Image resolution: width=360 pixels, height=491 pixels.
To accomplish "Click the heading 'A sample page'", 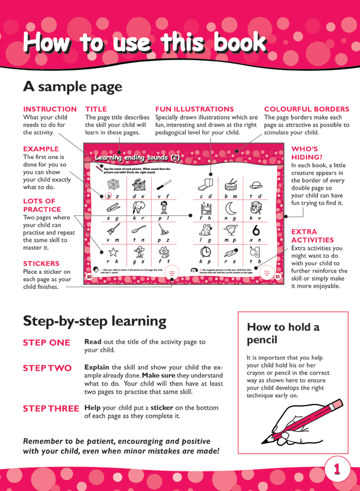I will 72,87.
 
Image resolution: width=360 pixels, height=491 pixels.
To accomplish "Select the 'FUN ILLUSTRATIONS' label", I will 195,109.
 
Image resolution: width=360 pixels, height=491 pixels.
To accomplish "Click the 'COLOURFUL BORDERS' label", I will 306,109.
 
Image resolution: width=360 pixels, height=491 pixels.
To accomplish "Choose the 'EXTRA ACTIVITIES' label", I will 313,236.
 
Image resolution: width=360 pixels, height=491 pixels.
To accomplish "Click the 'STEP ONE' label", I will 47,342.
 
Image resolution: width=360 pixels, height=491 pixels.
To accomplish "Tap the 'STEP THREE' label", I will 51,408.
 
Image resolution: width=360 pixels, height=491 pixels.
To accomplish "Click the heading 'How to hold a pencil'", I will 283,333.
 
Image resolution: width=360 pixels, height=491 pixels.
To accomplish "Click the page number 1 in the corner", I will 337,469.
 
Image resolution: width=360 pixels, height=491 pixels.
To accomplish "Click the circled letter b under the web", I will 109,196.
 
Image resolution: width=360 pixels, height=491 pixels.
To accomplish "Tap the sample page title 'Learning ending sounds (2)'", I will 138,158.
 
